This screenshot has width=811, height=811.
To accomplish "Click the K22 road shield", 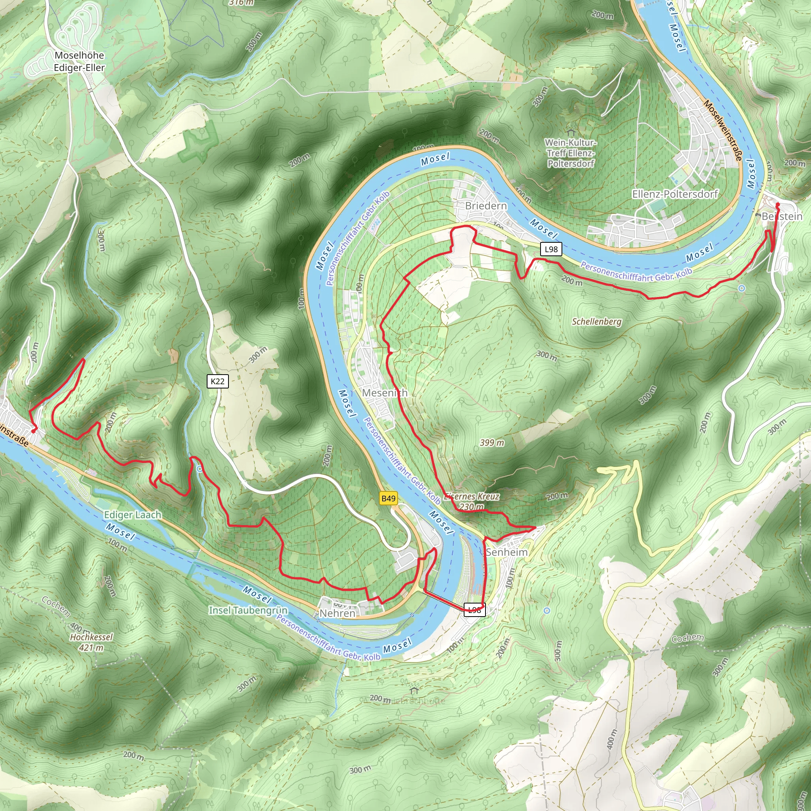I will (217, 381).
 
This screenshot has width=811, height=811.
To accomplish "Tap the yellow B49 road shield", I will (388, 498).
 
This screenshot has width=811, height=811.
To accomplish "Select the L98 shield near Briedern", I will (551, 249).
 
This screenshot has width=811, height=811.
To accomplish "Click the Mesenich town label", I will (385, 393).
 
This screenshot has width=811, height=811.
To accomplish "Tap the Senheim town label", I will (506, 552).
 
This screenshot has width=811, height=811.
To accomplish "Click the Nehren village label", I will (337, 613).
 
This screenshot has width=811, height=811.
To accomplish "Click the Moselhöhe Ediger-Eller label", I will (79, 61).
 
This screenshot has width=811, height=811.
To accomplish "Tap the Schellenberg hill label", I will (596, 322).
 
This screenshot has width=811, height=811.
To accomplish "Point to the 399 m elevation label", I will (492, 442).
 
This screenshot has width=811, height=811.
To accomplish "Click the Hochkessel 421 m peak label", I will (91, 642).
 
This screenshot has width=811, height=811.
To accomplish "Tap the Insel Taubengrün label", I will (248, 610).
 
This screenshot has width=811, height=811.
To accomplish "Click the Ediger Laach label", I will (133, 515).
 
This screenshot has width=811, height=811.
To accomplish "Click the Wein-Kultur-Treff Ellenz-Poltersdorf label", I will (571, 153).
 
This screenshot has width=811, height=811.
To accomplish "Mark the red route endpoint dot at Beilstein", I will (777, 204).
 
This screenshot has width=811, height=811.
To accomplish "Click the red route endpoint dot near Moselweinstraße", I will (34, 431).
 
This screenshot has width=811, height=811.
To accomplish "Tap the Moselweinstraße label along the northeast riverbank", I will (723, 130).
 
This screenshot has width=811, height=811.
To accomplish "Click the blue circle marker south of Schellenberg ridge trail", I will (742, 288).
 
